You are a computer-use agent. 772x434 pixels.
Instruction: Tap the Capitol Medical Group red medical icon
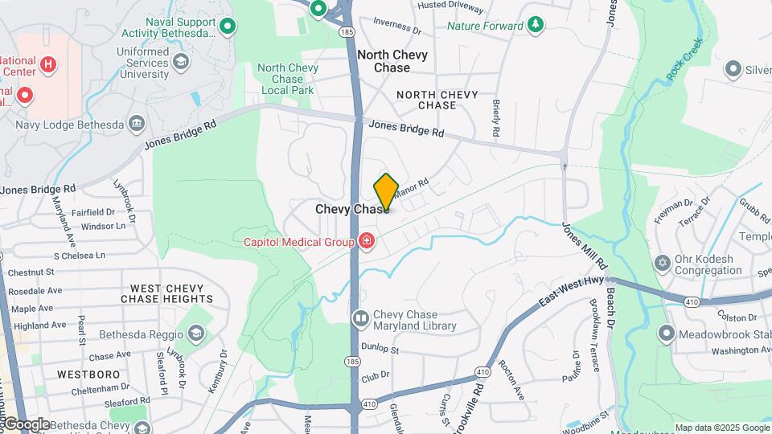[367, 241]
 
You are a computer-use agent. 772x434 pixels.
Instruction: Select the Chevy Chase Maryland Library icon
[360, 320]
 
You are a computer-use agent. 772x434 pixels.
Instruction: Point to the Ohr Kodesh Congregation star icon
[663, 264]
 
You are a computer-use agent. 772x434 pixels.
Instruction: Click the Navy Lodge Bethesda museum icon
[137, 124]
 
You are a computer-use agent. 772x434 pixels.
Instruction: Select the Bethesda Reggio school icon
[195, 334]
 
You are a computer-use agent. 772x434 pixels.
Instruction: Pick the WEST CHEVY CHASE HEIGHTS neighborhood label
[167, 293]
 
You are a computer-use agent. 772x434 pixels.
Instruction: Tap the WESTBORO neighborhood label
[88, 375]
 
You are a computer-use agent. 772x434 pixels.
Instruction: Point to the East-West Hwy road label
[572, 290]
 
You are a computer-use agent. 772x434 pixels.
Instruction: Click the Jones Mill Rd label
[585, 245]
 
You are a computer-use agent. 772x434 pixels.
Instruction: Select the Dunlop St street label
[380, 350]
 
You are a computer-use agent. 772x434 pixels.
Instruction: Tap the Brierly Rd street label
[496, 117]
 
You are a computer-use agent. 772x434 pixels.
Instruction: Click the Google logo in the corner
[26, 424]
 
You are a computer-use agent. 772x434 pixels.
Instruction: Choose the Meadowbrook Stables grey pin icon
[666, 332]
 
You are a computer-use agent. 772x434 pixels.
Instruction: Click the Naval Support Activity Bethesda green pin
[228, 27]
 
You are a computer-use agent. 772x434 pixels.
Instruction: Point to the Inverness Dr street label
[397, 27]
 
